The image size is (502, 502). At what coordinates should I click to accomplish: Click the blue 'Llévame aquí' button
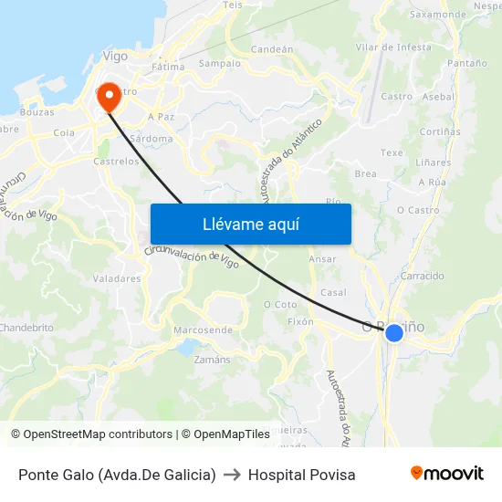250,224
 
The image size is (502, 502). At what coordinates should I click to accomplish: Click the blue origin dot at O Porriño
394,333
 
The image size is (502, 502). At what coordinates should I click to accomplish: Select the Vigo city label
115,56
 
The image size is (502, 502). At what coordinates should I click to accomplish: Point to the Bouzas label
37,112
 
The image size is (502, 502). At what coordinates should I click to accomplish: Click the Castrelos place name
117,161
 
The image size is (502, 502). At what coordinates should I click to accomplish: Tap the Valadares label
117,278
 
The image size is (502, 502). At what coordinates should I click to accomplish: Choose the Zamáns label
213,360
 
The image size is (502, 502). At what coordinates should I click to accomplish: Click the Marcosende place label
203,329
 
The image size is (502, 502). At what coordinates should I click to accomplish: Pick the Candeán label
271,49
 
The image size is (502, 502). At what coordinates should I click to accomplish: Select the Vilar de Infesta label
393,47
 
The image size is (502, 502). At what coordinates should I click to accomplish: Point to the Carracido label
422,276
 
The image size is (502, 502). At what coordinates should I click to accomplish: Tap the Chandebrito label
26,327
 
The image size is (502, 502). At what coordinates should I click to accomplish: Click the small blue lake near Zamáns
188,347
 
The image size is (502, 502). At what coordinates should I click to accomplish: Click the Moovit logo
446,474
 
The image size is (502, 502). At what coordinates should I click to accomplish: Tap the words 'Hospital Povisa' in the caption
302,475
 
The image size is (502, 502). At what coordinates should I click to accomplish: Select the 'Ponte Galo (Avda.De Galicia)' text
117,475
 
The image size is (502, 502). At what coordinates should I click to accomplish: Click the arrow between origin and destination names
232,475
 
